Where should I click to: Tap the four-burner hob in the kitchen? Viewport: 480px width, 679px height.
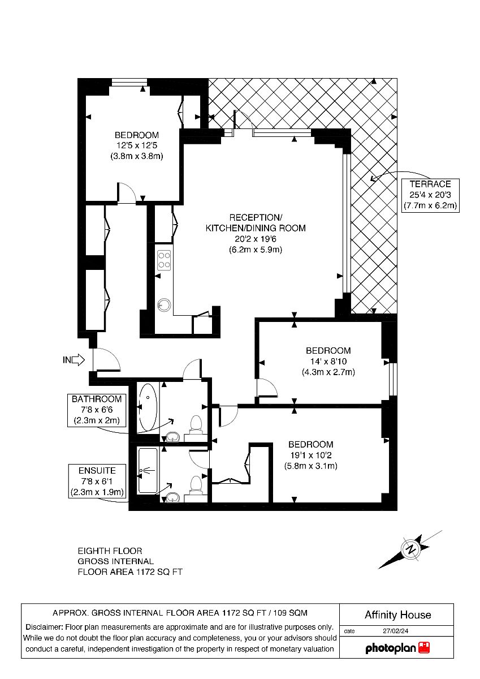(164, 260)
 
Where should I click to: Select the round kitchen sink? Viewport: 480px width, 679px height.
(164, 304)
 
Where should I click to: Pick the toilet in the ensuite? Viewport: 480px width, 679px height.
(194, 485)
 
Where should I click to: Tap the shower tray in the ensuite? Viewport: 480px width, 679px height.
(148, 470)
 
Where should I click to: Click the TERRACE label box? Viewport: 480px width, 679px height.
(430, 195)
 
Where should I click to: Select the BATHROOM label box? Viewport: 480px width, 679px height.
(97, 410)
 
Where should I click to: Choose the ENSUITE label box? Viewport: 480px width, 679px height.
(97, 481)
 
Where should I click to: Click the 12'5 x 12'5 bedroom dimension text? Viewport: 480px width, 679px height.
(137, 145)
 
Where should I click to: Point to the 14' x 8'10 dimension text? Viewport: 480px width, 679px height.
(328, 362)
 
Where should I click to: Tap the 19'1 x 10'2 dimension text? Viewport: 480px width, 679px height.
(311, 455)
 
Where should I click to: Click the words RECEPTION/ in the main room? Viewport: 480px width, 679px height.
(256, 217)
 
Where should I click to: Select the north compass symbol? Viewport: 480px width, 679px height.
(410, 549)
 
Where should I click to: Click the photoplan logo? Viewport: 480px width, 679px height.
(397, 648)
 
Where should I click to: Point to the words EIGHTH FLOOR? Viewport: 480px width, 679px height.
(110, 551)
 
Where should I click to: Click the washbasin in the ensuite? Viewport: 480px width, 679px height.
(173, 497)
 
